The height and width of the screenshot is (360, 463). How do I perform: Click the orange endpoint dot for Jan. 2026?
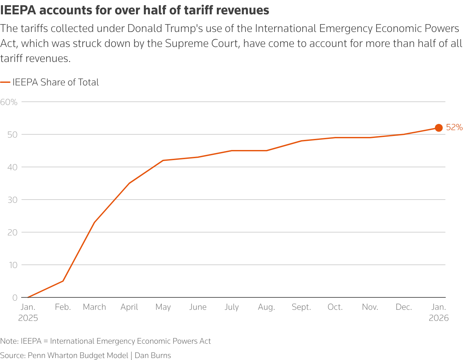pyautogui.click(x=439, y=128)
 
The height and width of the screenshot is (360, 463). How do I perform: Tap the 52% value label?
pyautogui.click(x=454, y=127)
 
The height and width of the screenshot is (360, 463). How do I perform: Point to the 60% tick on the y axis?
pyautogui.click(x=9, y=102)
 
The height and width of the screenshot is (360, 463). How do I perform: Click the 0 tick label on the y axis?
pyautogui.click(x=15, y=297)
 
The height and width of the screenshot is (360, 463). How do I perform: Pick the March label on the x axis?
pyautogui.click(x=94, y=307)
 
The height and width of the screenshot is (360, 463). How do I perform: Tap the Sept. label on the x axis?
pyautogui.click(x=301, y=307)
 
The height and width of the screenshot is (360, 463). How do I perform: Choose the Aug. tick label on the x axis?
pyautogui.click(x=266, y=307)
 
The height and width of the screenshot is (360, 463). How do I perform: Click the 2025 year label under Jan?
pyautogui.click(x=28, y=318)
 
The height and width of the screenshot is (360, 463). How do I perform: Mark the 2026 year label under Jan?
pyautogui.click(x=439, y=318)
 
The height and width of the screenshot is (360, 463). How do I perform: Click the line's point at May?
pyautogui.click(x=163, y=160)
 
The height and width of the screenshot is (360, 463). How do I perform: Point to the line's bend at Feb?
pyautogui.click(x=63, y=281)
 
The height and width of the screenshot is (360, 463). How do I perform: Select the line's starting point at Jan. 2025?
pyautogui.click(x=28, y=297)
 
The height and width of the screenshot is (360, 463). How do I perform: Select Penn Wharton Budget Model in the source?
pyautogui.click(x=78, y=355)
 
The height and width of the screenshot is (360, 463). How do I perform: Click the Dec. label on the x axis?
pyautogui.click(x=404, y=307)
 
